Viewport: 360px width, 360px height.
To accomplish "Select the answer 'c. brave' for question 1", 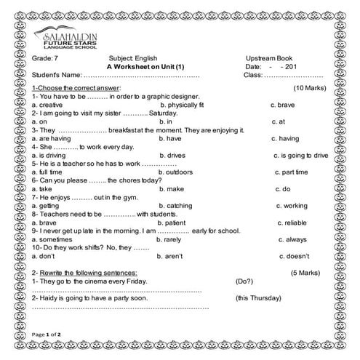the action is [282, 104].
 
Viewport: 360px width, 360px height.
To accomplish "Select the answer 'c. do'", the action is [278, 188].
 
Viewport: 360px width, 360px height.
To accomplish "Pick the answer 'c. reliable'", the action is [285, 223].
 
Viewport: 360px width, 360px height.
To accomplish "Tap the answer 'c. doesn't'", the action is [286, 256].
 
